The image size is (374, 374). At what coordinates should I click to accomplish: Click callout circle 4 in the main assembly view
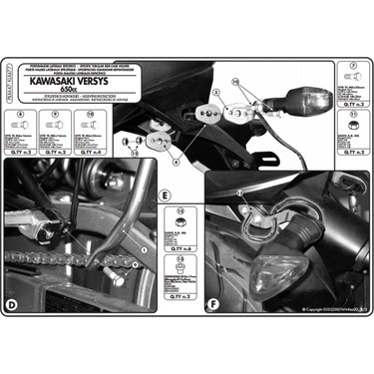click(176, 159)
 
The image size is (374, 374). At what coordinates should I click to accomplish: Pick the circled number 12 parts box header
click(181, 211)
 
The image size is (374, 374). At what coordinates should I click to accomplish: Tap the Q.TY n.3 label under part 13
click(180, 297)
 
